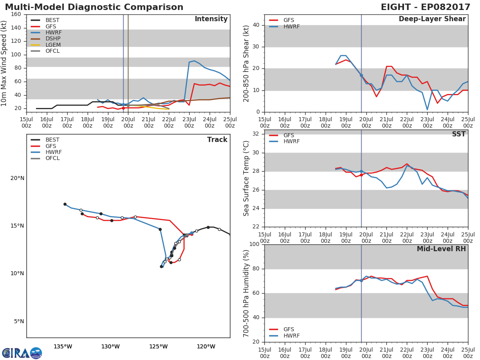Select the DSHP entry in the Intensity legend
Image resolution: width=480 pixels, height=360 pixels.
(x=46, y=39)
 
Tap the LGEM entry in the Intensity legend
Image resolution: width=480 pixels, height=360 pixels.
(x=46, y=45)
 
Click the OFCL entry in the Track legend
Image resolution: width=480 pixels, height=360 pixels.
(x=45, y=158)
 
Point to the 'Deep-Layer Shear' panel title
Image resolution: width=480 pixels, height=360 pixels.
(x=432, y=19)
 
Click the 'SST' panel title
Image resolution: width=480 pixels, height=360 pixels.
(x=458, y=134)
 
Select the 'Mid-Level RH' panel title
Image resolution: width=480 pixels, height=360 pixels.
(x=441, y=249)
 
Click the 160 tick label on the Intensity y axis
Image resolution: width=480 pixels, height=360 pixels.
(x=16, y=14)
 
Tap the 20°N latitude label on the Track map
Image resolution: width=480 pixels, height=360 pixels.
(x=17, y=178)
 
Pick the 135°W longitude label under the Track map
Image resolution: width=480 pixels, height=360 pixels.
(x=63, y=346)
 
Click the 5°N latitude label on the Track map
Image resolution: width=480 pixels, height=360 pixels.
(x=19, y=321)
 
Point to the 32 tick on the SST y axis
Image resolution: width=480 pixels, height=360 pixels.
(x=256, y=134)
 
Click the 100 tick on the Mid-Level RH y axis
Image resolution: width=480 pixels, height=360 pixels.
(x=254, y=244)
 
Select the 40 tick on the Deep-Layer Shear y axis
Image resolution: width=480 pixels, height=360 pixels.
(x=256, y=25)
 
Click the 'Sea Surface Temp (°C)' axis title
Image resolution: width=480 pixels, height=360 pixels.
(x=246, y=178)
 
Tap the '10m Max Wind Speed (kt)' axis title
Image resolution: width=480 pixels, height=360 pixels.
(x=4, y=63)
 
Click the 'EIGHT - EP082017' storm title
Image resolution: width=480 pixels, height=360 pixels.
(x=425, y=7)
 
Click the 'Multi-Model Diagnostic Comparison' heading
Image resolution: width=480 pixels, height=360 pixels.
(x=94, y=7)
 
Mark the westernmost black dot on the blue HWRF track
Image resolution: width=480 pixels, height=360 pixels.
(x=65, y=204)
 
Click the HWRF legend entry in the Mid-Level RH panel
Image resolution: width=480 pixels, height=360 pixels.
(x=284, y=336)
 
